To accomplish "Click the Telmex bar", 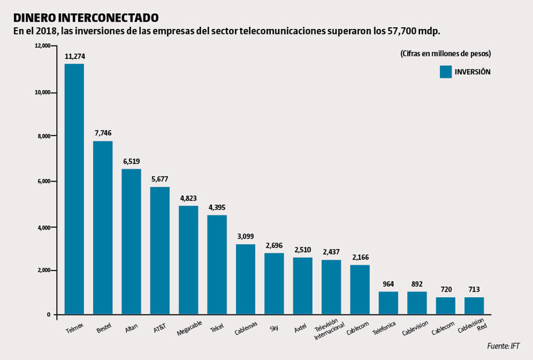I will tap(74, 189).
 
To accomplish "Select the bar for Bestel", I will tap(103, 228).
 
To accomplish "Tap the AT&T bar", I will tap(160, 250).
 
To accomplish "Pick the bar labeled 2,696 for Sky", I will tap(274, 284).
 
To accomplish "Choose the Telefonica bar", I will tap(388, 303).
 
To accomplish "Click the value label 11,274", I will tap(75, 56).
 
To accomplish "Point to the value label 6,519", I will tap(131, 161).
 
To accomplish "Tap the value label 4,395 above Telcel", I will tap(217, 207).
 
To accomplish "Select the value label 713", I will tap(474, 289).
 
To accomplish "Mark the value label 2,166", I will tap(360, 257).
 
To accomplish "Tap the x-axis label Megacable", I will tap(189, 328).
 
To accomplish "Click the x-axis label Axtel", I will tap(302, 326).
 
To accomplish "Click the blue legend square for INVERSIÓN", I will tap(445, 72).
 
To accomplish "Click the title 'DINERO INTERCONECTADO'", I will tap(86, 18).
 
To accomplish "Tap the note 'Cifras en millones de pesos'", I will tap(445, 53).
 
